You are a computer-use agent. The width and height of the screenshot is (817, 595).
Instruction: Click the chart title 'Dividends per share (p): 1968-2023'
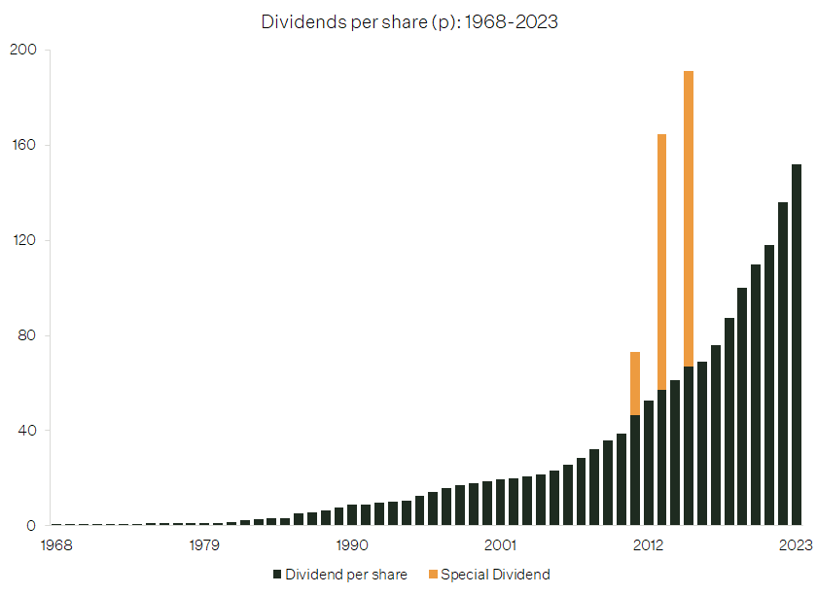click(x=408, y=21)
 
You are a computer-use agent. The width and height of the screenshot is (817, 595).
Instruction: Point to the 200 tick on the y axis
click(x=22, y=51)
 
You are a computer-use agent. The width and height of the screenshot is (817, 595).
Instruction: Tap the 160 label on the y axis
click(x=22, y=146)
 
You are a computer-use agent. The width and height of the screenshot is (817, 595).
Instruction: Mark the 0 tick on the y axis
click(x=30, y=526)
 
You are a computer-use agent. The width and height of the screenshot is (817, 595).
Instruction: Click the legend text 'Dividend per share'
click(x=346, y=575)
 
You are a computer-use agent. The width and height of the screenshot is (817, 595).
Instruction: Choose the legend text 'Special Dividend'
click(x=495, y=575)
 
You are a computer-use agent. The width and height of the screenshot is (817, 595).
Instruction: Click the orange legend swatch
click(x=432, y=575)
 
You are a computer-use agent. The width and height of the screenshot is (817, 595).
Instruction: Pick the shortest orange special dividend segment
click(x=635, y=383)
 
